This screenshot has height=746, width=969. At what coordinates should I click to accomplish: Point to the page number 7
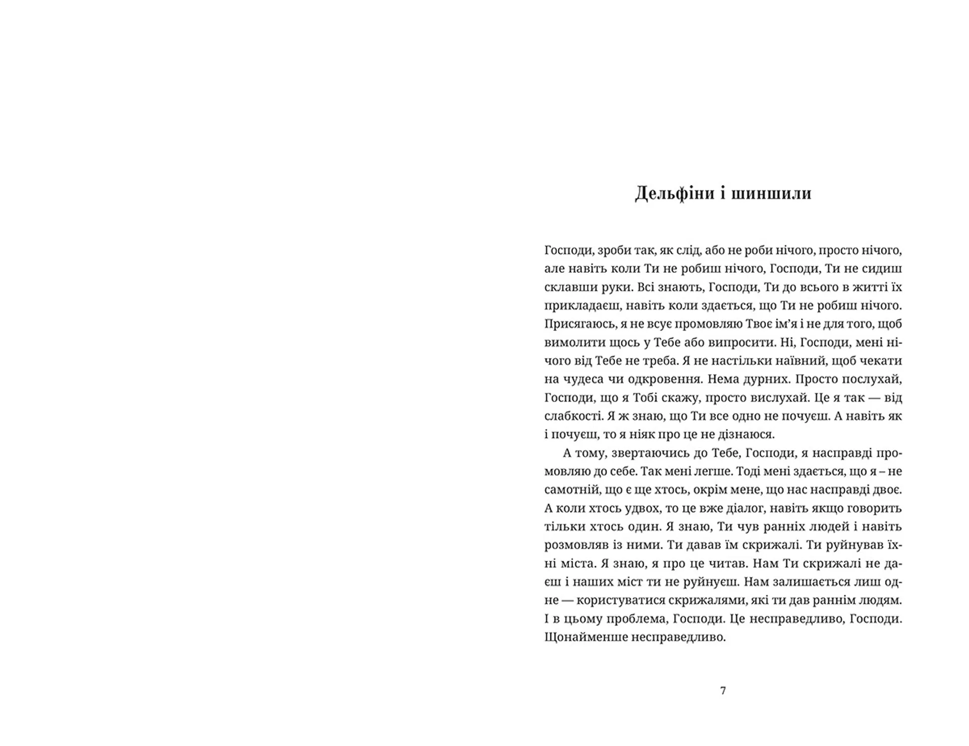(x=723, y=691)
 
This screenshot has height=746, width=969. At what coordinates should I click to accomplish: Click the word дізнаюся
(x=748, y=434)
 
